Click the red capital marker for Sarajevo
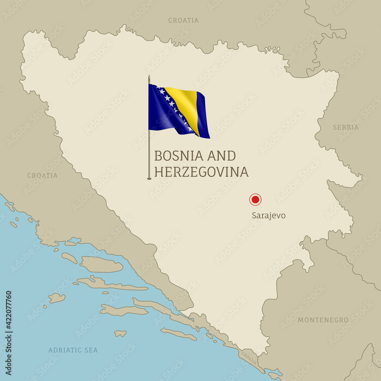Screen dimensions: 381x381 (255, 199)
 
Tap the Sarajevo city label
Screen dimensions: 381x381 (269, 216)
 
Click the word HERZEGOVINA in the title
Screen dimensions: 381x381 (201, 172)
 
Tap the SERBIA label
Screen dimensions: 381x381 (346, 127)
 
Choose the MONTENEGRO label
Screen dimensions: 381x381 (323, 320)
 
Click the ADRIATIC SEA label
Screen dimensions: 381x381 (73, 350)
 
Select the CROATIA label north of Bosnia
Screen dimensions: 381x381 (183, 20)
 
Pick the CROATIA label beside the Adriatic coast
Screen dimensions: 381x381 (42, 176)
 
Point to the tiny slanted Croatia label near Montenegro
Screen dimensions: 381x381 (249, 358)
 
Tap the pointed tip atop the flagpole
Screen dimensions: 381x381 (149, 77)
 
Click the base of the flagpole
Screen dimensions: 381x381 (149, 178)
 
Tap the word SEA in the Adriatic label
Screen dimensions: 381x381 (91, 350)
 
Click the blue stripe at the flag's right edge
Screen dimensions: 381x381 (203, 114)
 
